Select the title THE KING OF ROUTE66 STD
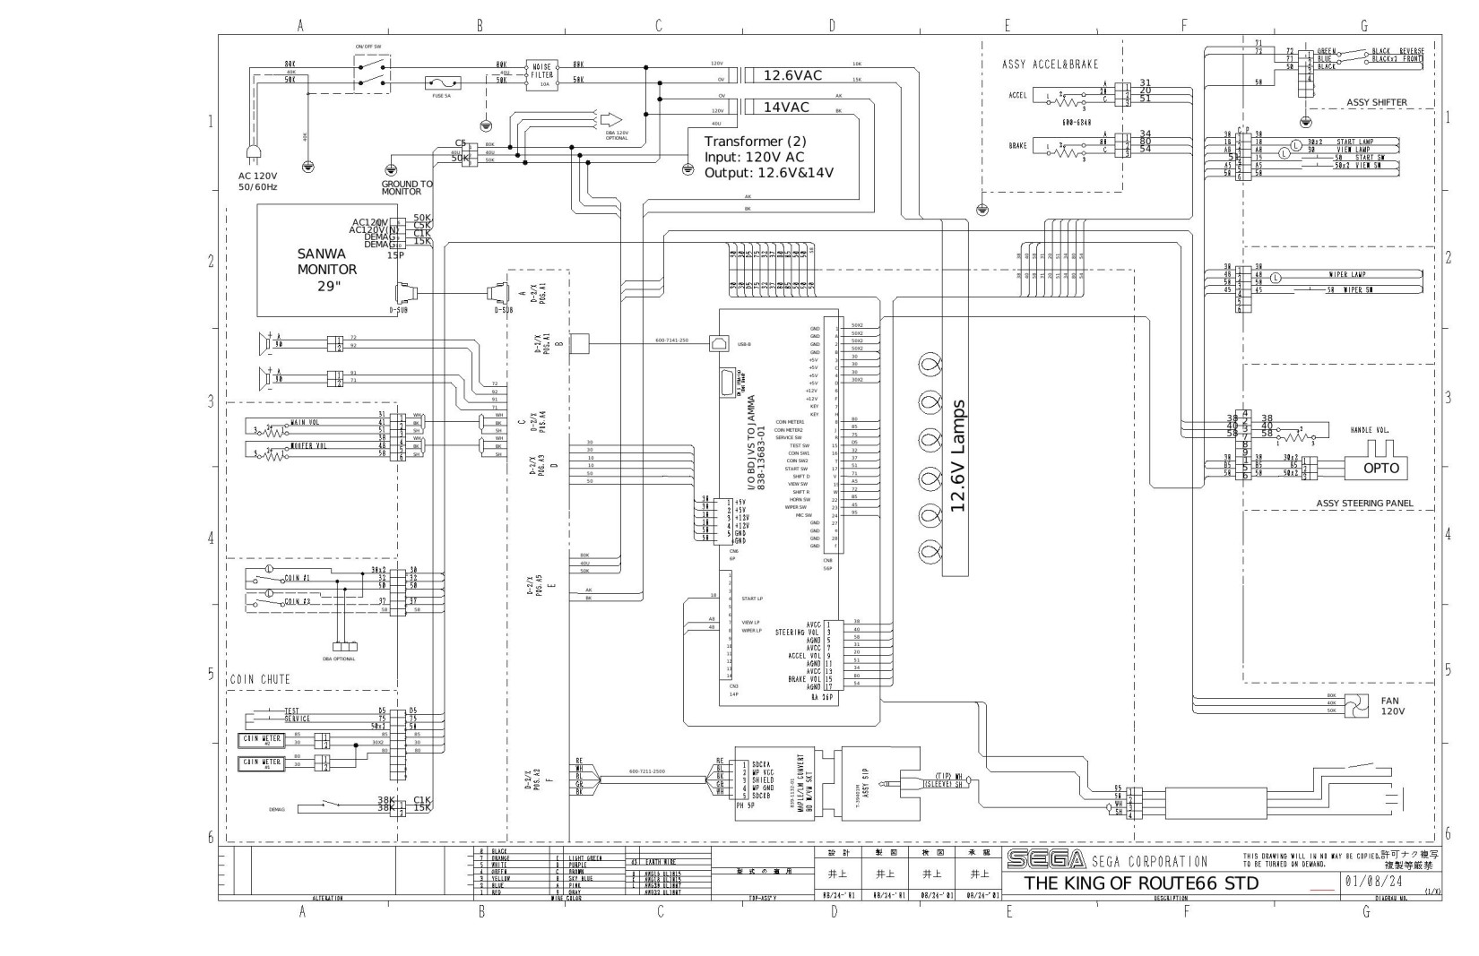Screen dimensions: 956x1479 click(1141, 883)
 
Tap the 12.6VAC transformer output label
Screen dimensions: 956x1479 click(792, 76)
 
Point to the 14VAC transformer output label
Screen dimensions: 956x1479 click(786, 108)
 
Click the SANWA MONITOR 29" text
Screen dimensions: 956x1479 click(327, 270)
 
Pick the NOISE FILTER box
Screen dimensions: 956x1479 click(542, 75)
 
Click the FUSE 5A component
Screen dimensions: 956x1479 click(443, 83)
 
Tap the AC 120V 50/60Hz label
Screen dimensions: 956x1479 click(258, 182)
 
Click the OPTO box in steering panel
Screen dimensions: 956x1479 click(1380, 467)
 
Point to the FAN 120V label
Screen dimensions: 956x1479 click(1392, 706)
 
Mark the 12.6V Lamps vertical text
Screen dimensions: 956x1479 click(957, 456)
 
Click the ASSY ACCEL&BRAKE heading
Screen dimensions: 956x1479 click(1050, 65)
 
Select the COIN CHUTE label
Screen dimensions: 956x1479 click(261, 679)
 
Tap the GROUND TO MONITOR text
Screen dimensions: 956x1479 click(406, 187)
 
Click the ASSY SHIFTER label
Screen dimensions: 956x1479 click(1376, 103)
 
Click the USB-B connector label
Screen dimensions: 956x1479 click(744, 344)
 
